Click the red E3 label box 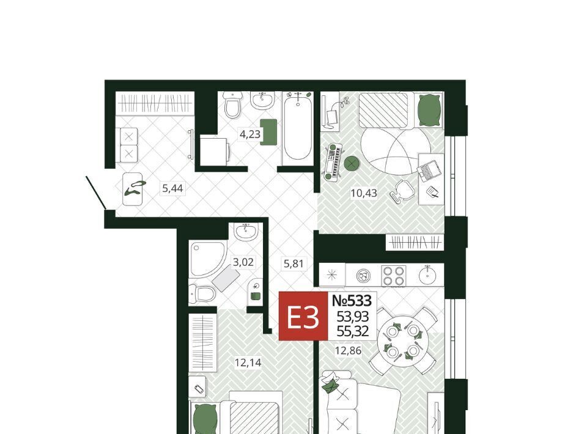(303, 317)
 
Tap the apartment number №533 (352, 300)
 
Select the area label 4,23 (249, 134)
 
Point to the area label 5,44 (172, 188)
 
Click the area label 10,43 (363, 193)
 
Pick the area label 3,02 (243, 262)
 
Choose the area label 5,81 (293, 264)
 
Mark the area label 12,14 (248, 362)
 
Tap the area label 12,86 (348, 351)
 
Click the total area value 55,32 (353, 331)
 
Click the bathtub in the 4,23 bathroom (298, 128)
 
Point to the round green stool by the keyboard (352, 163)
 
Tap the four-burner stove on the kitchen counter (393, 276)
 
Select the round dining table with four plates (402, 341)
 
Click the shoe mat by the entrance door (132, 189)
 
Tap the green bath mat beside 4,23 (268, 132)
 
